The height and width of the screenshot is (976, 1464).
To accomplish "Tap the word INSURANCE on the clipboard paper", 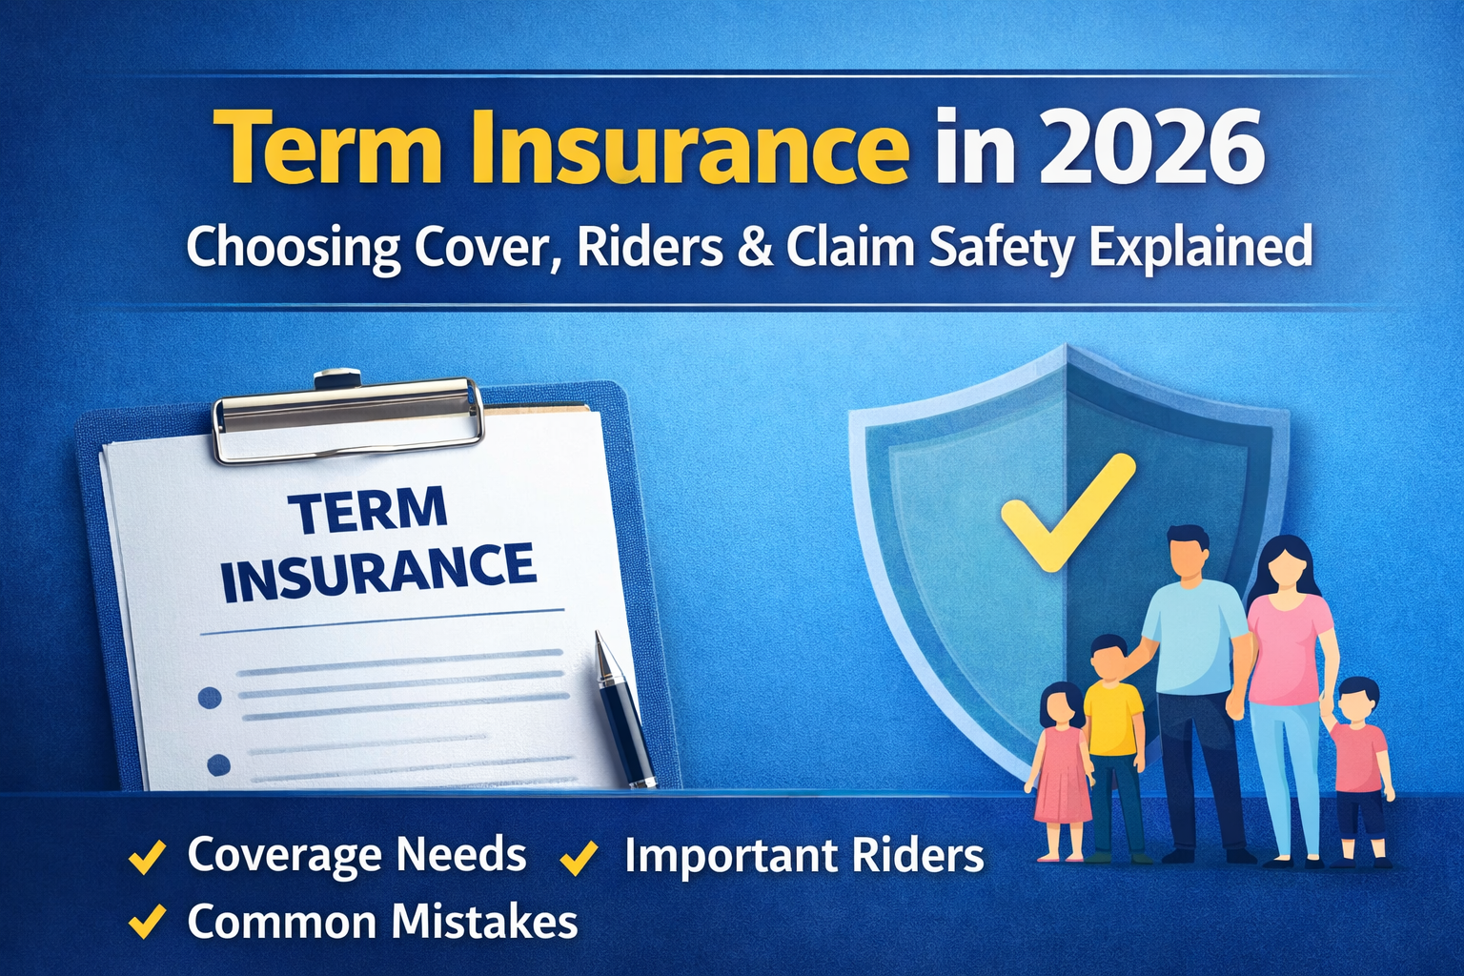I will [x=378, y=571].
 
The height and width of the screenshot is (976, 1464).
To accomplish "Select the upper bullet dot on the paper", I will [x=210, y=698].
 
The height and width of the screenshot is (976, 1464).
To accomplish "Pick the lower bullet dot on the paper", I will [x=218, y=764].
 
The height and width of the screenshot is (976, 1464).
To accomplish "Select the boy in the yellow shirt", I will [x=1112, y=724].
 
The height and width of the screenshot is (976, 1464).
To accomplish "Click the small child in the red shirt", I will [x=1359, y=753].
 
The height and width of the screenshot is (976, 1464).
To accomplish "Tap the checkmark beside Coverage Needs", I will [x=147, y=856].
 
